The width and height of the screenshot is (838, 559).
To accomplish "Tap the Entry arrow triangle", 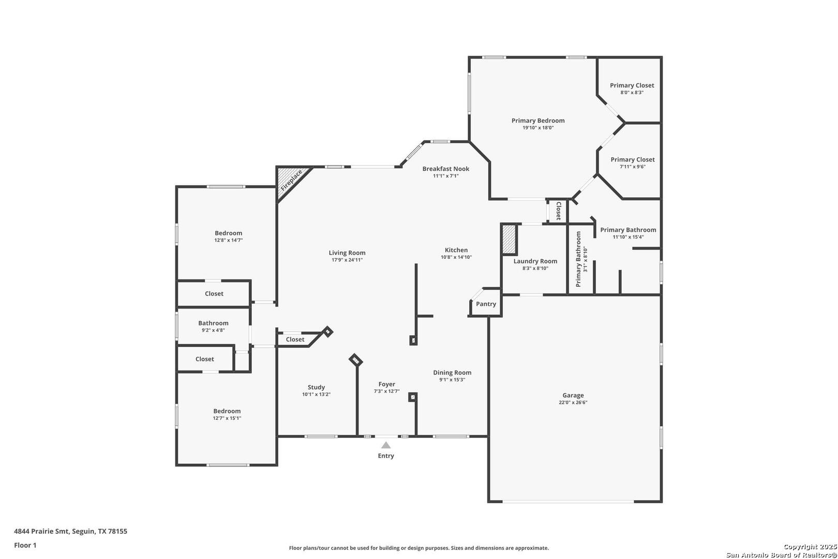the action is tap(386, 445).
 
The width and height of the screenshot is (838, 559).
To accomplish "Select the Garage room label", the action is tap(573, 395).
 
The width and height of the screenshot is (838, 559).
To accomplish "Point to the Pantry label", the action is tap(486, 304).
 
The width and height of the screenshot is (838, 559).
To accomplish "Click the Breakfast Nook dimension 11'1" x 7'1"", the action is tap(445, 176).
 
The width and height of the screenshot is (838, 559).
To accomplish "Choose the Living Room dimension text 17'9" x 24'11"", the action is tap(347, 260).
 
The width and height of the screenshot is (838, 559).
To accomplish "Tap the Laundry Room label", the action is tap(535, 261).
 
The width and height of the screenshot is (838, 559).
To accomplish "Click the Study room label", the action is tap(316, 388).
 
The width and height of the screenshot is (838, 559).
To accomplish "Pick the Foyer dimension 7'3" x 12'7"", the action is tap(387, 391).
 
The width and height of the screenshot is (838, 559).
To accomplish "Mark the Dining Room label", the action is tap(452, 373).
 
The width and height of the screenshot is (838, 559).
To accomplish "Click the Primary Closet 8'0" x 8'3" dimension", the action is tap(632, 93).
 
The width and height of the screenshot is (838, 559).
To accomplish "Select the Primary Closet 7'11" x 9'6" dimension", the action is tap(633, 167).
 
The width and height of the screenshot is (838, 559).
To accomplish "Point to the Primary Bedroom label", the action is tap(538, 121).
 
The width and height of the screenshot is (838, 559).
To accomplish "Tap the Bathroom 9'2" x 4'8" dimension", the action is tap(213, 330).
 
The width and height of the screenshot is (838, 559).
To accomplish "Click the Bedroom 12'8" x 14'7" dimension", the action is tap(228, 240).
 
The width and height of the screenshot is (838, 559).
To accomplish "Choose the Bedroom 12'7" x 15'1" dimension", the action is tap(227, 418).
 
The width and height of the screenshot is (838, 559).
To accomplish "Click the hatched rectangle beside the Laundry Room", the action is tap(509, 240).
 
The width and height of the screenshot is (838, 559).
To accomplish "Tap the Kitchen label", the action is tap(456, 250).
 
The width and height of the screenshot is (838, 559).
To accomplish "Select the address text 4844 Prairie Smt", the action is tap(41, 531).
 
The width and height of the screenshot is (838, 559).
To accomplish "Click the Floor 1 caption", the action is tap(25, 545).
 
